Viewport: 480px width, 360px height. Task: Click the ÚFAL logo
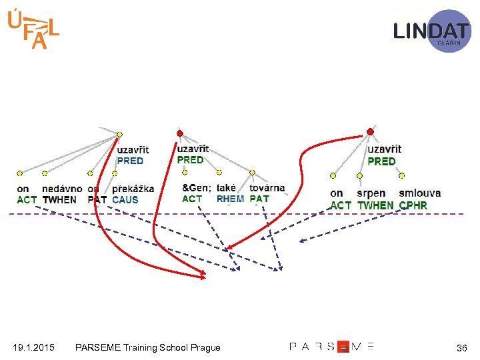tap(33, 30)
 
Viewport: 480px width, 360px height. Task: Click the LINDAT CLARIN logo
tap(432, 31)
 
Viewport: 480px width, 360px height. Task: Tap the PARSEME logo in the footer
tap(331, 347)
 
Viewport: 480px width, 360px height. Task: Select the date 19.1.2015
tap(33, 347)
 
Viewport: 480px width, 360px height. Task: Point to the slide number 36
tap(461, 348)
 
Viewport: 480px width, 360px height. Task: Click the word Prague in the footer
tap(205, 347)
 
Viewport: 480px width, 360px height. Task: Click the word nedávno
tap(62, 189)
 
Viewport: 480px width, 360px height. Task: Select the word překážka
tap(133, 189)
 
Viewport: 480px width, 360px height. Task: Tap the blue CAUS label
tap(125, 199)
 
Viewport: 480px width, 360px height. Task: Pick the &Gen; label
tap(196, 188)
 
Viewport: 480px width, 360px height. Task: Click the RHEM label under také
tap(231, 199)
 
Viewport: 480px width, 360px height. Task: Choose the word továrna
tap(267, 188)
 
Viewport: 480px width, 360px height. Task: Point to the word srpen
tap(371, 193)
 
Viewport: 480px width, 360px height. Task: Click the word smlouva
tap(420, 193)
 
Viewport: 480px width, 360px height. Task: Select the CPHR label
tap(413, 205)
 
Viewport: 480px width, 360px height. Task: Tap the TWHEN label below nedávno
tap(59, 199)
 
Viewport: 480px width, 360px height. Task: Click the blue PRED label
tap(130, 161)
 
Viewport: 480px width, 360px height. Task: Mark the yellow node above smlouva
tap(402, 175)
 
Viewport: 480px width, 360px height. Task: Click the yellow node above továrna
tap(252, 171)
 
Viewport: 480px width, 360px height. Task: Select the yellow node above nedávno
tap(45, 173)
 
